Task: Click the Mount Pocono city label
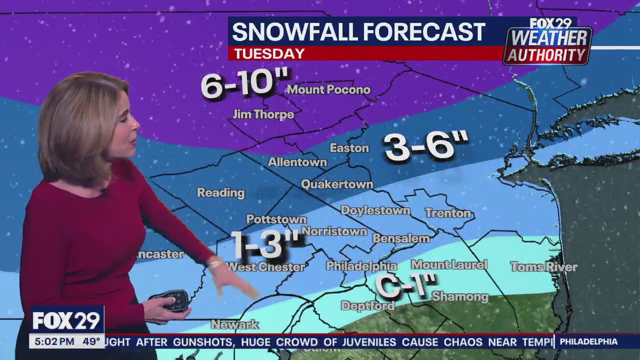click(x=328, y=90)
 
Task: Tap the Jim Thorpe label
click(x=263, y=114)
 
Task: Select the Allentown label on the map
click(x=297, y=162)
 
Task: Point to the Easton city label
click(x=349, y=148)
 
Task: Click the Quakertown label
click(x=337, y=184)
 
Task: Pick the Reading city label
click(x=220, y=192)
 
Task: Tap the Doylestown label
click(x=375, y=210)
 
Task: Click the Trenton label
click(x=448, y=213)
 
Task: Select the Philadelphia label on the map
click(x=361, y=266)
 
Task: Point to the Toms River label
click(x=544, y=267)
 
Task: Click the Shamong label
click(x=460, y=296)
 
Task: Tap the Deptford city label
click(x=367, y=305)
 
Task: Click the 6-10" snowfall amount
click(x=245, y=83)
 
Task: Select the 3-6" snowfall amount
click(x=426, y=146)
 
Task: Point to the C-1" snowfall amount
click(x=406, y=286)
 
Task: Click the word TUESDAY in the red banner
click(x=269, y=53)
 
